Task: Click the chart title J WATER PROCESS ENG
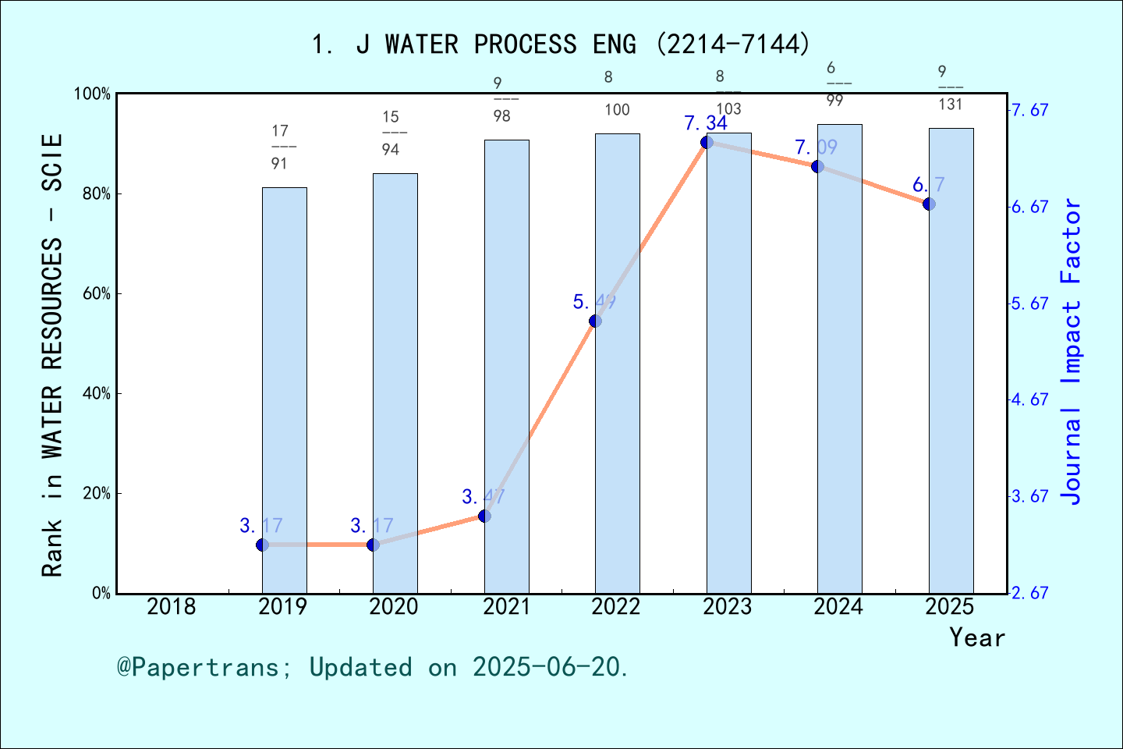coord(561,44)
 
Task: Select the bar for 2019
coord(284,390)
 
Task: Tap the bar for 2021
coord(506,367)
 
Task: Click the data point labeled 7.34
coord(707,142)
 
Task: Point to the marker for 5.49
coord(595,321)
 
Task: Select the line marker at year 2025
coord(929,204)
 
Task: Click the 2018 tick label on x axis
coord(172,606)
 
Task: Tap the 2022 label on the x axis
coord(616,606)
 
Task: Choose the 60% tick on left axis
coord(97,294)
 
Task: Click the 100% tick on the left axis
coord(92,94)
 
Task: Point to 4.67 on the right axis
coord(1029,399)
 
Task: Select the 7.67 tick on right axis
coord(1029,110)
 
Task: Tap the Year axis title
coord(976,637)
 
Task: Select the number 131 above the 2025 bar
coord(950,105)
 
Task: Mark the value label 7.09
coord(816,147)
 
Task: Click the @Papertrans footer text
coord(372,667)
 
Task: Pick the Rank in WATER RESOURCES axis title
coord(51,355)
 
